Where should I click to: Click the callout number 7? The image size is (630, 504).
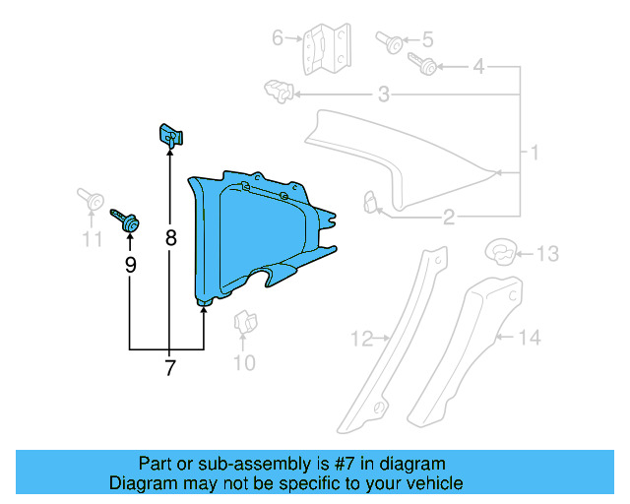tap(169, 369)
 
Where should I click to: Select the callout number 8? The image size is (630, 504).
tap(170, 237)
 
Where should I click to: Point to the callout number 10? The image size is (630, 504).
tap(243, 362)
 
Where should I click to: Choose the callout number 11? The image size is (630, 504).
tap(92, 238)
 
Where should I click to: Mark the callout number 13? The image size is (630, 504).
tap(546, 254)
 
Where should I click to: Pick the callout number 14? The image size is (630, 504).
tap(530, 338)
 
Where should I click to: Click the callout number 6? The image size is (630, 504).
tap(278, 38)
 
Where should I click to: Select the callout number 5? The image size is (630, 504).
tap(426, 40)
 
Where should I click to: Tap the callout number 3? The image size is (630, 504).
tap(383, 94)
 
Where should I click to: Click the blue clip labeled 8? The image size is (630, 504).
tap(169, 134)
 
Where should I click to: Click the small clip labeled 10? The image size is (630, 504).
tap(241, 323)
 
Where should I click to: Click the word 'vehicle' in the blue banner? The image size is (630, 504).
tap(429, 483)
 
